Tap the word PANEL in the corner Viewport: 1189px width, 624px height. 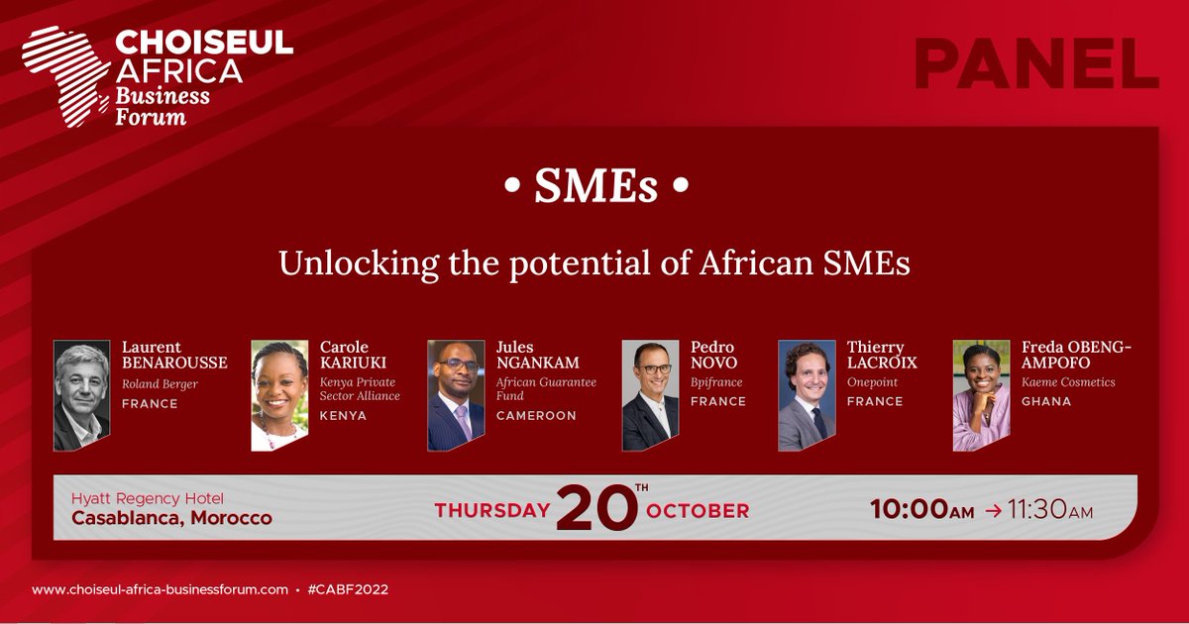(1035, 66)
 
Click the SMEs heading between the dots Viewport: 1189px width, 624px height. (595, 187)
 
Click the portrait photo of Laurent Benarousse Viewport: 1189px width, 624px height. (81, 396)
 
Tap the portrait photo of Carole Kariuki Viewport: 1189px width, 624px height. (278, 396)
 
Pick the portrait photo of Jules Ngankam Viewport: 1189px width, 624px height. (456, 396)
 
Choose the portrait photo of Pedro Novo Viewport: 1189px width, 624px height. (650, 396)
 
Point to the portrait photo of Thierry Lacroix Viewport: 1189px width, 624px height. (807, 396)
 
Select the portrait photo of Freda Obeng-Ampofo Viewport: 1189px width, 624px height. (981, 396)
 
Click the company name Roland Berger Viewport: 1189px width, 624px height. (161, 383)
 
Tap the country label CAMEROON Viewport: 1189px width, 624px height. (536, 416)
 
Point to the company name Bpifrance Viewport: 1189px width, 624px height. (716, 382)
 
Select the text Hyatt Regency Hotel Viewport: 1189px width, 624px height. (148, 498)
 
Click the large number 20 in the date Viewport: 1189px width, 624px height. (595, 508)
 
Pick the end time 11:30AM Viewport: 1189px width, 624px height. (1048, 511)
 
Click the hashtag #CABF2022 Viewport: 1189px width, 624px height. (348, 589)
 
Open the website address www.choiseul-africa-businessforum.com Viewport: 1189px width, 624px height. (160, 589)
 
